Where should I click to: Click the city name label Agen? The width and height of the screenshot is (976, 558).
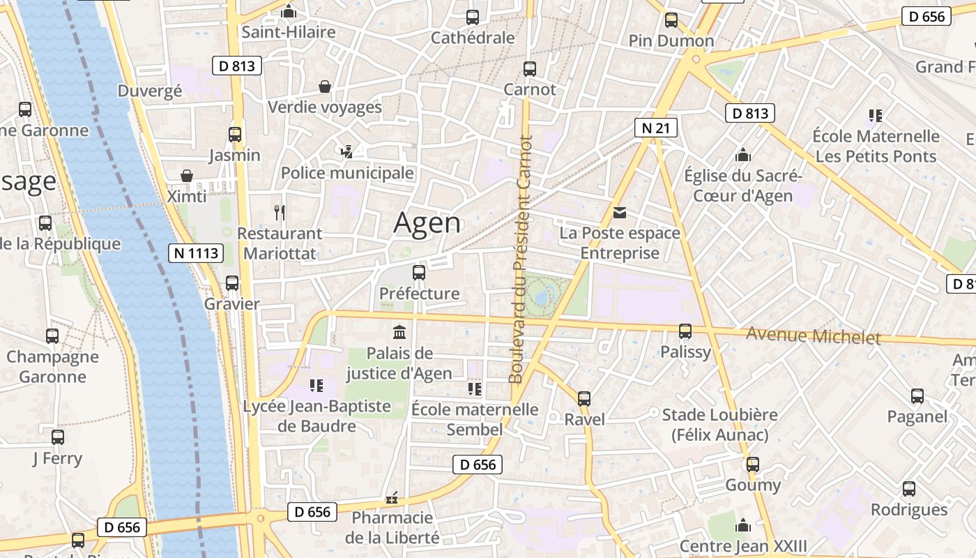click(x=427, y=223)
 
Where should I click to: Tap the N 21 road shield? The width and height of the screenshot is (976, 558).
click(x=656, y=127)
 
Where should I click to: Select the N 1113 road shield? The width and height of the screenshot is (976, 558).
click(x=196, y=253)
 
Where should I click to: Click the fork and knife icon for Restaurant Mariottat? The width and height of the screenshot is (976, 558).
click(x=280, y=212)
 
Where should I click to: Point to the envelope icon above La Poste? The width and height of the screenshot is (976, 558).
click(x=620, y=213)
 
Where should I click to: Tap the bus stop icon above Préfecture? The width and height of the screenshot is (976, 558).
click(x=419, y=273)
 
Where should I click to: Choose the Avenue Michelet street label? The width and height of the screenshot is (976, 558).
click(x=813, y=336)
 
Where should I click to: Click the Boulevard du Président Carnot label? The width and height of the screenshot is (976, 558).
click(x=520, y=259)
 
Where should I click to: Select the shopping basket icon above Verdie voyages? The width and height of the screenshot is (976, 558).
click(x=325, y=86)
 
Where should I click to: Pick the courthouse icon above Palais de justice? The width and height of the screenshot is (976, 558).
click(x=399, y=331)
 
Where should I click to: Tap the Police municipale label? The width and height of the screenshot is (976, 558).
click(x=347, y=173)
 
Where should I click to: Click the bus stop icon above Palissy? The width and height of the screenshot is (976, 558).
click(x=685, y=331)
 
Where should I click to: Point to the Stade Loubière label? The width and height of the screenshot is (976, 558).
click(x=719, y=425)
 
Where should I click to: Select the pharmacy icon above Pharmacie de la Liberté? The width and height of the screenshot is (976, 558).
click(x=392, y=498)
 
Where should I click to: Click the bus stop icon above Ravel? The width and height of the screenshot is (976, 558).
click(x=584, y=399)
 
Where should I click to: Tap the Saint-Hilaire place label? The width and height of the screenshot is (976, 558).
click(x=288, y=32)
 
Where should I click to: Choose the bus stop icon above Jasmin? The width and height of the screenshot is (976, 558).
click(x=235, y=135)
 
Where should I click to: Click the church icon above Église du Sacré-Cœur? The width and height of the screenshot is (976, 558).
click(x=743, y=155)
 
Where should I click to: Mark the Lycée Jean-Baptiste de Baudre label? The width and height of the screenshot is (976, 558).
click(x=317, y=416)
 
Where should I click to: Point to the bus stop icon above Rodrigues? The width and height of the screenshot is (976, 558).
click(x=909, y=489)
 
